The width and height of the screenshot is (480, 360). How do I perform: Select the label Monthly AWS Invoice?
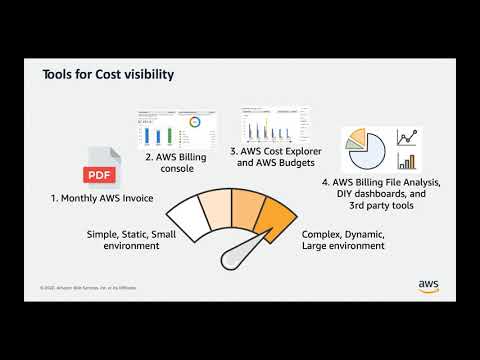click(103, 199)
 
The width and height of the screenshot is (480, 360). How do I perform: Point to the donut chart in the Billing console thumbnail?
click(194, 123)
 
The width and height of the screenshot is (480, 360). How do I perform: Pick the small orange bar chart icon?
click(407, 161)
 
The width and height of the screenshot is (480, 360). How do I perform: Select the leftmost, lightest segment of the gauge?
click(185, 217)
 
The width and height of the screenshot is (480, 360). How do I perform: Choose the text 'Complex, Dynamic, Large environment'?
click(343, 237)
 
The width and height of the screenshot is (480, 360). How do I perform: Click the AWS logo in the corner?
click(430, 285)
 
